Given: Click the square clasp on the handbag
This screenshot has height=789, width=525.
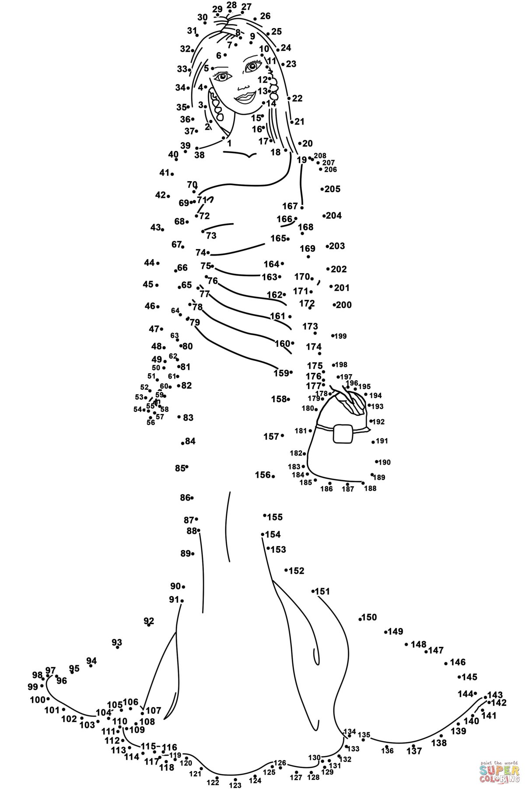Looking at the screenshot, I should click(x=343, y=434).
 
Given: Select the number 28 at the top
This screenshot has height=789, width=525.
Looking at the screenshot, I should click(x=231, y=5).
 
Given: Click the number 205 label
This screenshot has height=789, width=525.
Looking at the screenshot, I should click(x=332, y=189).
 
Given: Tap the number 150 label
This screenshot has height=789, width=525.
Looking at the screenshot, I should click(x=369, y=617).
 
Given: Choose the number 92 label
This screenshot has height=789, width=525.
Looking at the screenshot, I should click(x=149, y=621).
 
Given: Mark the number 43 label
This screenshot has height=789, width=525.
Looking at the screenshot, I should click(x=155, y=227).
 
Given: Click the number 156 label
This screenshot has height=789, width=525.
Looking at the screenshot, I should click(x=262, y=475).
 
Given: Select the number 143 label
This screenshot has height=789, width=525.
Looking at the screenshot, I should click(x=495, y=695).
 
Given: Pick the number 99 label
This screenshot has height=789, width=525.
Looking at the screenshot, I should click(x=33, y=687).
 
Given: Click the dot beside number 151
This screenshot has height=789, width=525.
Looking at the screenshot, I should click(x=313, y=591).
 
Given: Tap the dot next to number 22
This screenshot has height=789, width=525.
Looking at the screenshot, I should click(x=289, y=98).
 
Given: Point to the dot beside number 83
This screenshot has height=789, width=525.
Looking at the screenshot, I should click(x=179, y=417).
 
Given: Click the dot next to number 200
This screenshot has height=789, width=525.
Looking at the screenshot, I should click(x=334, y=305).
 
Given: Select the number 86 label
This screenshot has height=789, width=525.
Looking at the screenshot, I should click(x=185, y=498).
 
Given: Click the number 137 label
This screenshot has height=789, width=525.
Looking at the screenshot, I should click(x=414, y=751).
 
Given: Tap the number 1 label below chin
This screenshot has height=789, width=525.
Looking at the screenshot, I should click(x=229, y=143).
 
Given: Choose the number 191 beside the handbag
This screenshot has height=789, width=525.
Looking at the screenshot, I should click(x=382, y=441).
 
